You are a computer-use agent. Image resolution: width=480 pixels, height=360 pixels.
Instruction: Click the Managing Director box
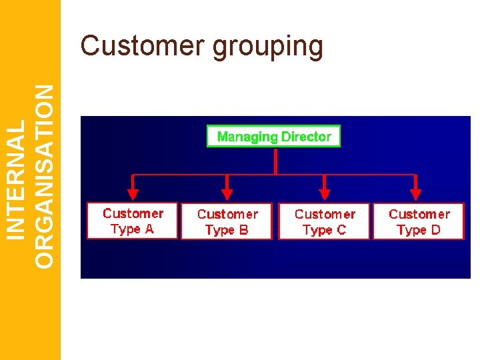pos(274,137)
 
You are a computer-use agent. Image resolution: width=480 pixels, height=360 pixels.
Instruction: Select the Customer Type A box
pos(133,221)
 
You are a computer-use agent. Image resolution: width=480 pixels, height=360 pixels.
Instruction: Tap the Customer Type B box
pos(227,221)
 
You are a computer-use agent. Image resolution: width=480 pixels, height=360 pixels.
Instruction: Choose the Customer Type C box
pos(324,221)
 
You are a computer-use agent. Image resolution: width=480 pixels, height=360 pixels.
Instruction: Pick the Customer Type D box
pos(418,221)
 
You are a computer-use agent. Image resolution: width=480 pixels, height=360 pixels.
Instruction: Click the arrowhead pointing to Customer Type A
pos(133,195)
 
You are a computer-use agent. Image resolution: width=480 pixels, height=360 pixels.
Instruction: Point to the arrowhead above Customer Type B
pos(227,195)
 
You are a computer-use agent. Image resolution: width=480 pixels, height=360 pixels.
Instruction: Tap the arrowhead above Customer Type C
pos(325,195)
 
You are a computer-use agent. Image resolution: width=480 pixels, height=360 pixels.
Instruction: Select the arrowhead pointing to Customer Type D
pos(415,195)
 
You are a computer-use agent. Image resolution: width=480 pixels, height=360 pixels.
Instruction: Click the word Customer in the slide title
pos(142,46)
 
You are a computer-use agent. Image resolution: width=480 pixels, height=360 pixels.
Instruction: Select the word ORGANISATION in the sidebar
pos(45,177)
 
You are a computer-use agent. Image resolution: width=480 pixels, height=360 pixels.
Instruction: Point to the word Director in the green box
pos(306,137)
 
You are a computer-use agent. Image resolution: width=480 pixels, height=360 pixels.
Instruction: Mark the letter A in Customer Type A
pos(149,229)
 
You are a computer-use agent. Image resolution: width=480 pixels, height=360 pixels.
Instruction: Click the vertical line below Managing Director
pos(275,161)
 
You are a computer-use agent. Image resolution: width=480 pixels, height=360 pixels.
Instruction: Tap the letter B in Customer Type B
pos(243,230)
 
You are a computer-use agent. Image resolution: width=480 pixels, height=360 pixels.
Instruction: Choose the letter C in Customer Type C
pos(341,230)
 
